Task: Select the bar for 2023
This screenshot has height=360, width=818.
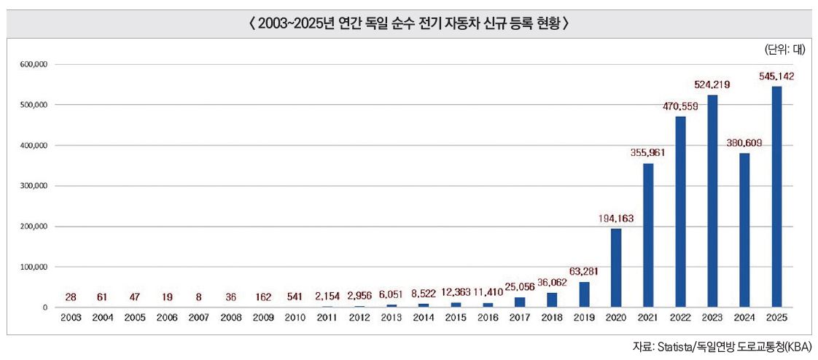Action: click(x=712, y=201)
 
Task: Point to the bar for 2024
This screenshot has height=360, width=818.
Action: click(x=744, y=230)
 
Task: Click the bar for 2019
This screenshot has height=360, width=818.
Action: click(x=584, y=294)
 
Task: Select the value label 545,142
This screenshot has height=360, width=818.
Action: click(x=776, y=76)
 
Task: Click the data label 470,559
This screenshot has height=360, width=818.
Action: click(x=680, y=106)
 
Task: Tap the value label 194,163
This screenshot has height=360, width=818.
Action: click(x=616, y=218)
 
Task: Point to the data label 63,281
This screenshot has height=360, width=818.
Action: click(x=584, y=272)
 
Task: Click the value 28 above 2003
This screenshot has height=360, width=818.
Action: click(x=70, y=297)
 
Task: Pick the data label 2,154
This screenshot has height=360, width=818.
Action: click(x=327, y=297)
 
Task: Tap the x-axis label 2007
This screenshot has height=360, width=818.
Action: click(x=198, y=318)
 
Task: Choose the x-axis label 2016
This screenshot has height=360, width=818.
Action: click(x=488, y=318)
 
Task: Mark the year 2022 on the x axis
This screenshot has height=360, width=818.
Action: click(x=680, y=318)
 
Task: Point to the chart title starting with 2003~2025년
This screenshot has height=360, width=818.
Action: click(x=408, y=23)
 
